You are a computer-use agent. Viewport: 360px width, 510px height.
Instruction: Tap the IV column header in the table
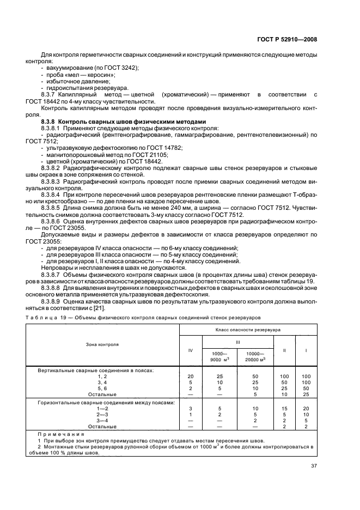coord(190,350)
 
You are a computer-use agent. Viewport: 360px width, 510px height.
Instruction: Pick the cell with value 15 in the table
coord(284,408)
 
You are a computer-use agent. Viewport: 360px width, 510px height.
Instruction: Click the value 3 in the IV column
coord(190,408)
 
